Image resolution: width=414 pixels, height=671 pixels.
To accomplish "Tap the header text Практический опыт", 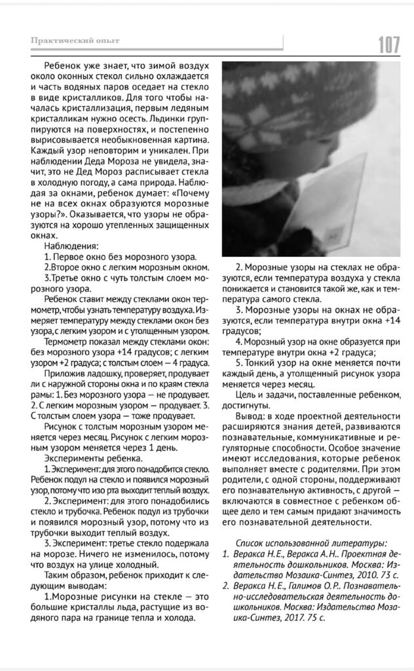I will pyautogui.click(x=75, y=41).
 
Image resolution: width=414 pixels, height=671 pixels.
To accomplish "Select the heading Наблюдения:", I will pyautogui.click(x=71, y=246).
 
